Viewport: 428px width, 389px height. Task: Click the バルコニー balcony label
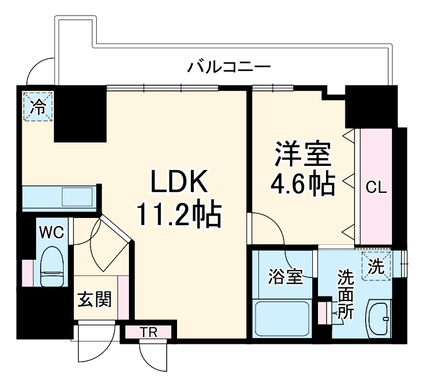[x=229, y=67]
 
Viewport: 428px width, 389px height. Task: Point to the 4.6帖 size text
[x=303, y=183]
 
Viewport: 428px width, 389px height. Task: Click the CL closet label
[x=376, y=187]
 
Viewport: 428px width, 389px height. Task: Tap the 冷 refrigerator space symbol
[x=37, y=106]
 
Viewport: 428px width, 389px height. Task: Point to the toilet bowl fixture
[x=52, y=266]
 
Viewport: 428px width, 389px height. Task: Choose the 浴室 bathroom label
[x=285, y=277]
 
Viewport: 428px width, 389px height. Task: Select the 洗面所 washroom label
[x=345, y=295]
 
